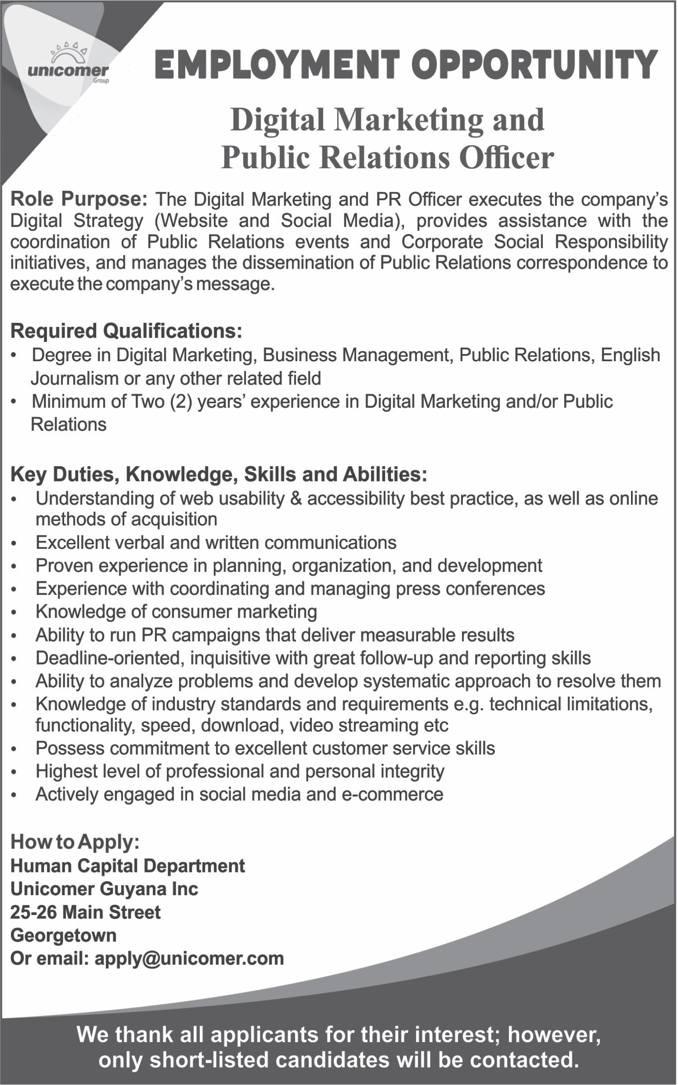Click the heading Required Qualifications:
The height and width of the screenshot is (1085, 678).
point(126,331)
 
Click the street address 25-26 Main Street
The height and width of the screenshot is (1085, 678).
point(85,912)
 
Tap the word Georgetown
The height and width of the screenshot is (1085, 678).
point(63,935)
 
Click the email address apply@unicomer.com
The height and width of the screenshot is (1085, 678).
point(189,958)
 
